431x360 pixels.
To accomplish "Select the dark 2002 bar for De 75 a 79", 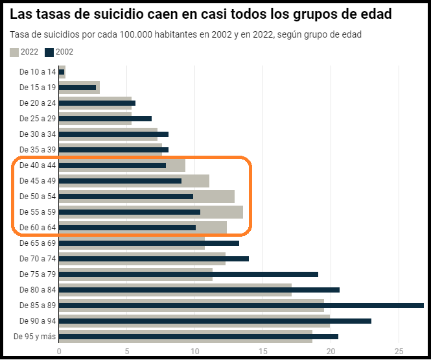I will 188,274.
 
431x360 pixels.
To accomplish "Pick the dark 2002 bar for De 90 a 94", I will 215,320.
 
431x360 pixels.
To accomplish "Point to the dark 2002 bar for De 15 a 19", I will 77,87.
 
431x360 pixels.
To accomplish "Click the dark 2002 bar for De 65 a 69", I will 148,243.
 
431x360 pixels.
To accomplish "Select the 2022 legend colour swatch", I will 14,52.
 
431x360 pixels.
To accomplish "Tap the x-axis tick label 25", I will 399,352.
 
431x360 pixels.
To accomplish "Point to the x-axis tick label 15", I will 263,352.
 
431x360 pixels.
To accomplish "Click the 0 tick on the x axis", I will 59,352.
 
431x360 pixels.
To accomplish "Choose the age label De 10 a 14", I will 38,71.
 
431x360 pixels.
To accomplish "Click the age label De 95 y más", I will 35,336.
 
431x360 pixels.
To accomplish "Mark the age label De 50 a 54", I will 38,196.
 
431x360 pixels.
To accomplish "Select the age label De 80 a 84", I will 38,289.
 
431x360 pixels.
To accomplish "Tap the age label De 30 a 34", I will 38,134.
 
